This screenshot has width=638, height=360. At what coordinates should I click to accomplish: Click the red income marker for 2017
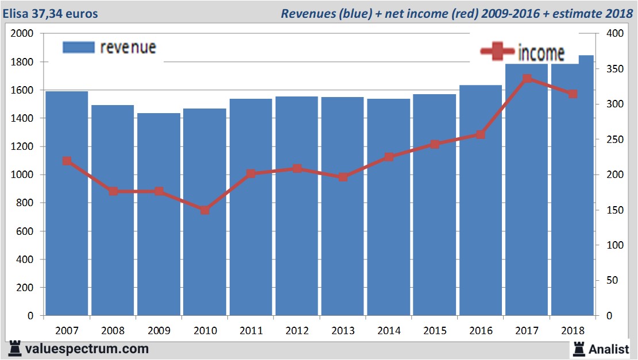point(527,79)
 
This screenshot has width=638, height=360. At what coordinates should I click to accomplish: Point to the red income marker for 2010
point(205,210)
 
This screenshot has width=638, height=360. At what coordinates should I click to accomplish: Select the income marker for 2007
point(67,161)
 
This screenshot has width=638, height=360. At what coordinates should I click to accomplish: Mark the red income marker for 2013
point(343,177)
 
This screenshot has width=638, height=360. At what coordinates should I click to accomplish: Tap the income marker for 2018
point(573,94)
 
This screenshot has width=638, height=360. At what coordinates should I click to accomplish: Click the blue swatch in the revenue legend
point(78,47)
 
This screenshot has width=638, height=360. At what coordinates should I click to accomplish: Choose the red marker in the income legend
point(497,52)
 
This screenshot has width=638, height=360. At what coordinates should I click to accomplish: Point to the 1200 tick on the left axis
point(25,146)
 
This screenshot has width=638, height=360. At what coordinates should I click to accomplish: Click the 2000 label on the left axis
point(23,33)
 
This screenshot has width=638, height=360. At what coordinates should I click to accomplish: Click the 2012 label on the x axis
point(297,331)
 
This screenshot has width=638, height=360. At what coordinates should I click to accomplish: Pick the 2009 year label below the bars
point(159,331)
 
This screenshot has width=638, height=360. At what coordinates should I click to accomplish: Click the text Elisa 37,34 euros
point(51,13)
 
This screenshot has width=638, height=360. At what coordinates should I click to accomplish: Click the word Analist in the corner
point(608,349)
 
